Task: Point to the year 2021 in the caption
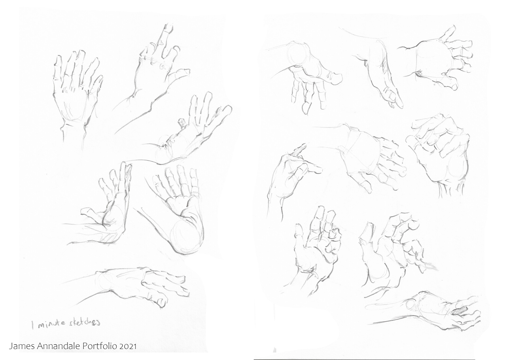[x=128, y=346]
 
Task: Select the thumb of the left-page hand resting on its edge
[x=89, y=212]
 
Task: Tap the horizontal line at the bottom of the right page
[x=363, y=359]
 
